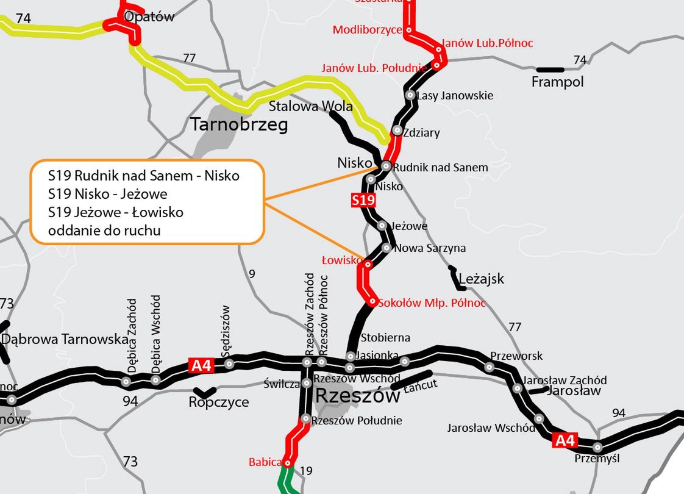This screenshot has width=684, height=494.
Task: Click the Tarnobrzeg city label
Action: [x=239, y=125]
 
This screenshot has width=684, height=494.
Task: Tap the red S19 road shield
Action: [x=363, y=200]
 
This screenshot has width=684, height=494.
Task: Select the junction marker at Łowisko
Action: [x=368, y=265]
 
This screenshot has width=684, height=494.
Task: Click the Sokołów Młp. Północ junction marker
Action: [x=372, y=302]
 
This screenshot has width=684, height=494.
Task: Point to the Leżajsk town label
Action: [x=482, y=279]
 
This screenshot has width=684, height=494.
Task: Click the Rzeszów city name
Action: [x=358, y=396]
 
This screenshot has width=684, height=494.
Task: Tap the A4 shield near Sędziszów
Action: [x=201, y=365]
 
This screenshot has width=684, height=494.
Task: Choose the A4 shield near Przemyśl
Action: [x=565, y=440]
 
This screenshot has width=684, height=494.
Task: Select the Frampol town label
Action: [x=557, y=82]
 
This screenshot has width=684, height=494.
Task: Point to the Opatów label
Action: [x=149, y=16]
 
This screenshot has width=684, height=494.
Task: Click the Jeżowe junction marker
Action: [x=382, y=226]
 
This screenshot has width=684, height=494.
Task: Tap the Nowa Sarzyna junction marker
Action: [x=386, y=248]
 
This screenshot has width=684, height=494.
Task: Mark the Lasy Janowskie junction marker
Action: [x=410, y=95]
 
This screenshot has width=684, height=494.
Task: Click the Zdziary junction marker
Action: [x=397, y=131]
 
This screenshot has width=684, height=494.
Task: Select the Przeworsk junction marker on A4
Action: [x=489, y=367]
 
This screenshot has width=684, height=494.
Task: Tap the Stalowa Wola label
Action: [x=311, y=107]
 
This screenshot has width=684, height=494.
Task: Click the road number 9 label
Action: [x=252, y=274]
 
